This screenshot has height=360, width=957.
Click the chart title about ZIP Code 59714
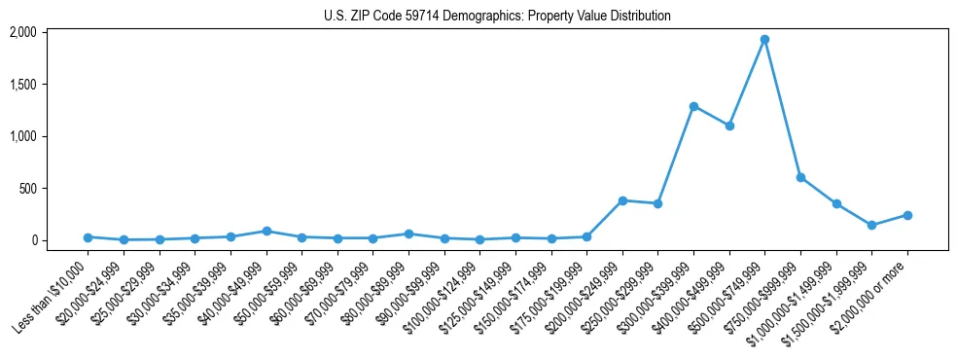click(x=497, y=16)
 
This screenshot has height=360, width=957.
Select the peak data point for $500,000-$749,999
click(x=764, y=40)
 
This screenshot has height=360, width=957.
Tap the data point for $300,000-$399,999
click(x=693, y=106)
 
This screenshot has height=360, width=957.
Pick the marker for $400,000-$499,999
click(x=729, y=126)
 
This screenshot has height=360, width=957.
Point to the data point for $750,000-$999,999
click(x=800, y=177)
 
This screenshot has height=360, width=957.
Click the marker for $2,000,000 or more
click(x=907, y=215)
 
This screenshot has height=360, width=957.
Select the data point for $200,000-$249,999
click(x=622, y=200)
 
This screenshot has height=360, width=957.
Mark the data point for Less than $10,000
click(x=88, y=237)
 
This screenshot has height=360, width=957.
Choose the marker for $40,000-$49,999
click(x=266, y=231)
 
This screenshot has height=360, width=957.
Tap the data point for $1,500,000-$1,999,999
click(x=871, y=225)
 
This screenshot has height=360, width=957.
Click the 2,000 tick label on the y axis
click(x=22, y=32)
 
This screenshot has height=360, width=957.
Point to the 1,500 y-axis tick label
click(x=22, y=85)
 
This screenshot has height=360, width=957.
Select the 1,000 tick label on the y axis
click(x=22, y=136)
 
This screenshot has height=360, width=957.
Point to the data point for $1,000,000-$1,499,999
click(x=836, y=203)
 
